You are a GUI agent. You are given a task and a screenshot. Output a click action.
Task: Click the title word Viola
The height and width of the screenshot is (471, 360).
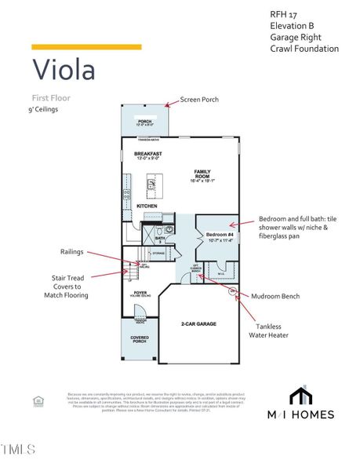tap(64, 69)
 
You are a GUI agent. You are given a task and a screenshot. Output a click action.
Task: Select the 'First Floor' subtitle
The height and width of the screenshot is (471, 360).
tap(51, 98)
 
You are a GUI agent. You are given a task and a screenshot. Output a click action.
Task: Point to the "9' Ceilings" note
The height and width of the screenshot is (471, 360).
tap(43, 110)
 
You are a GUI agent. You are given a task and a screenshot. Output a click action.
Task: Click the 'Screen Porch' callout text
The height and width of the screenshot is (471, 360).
tap(199, 100)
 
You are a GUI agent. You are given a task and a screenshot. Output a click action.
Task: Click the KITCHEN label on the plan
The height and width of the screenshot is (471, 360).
tap(147, 206)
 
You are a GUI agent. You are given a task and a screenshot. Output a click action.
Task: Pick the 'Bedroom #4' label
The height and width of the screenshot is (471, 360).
tap(218, 234)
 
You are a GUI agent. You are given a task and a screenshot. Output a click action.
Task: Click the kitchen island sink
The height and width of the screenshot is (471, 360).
tap(152, 184)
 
